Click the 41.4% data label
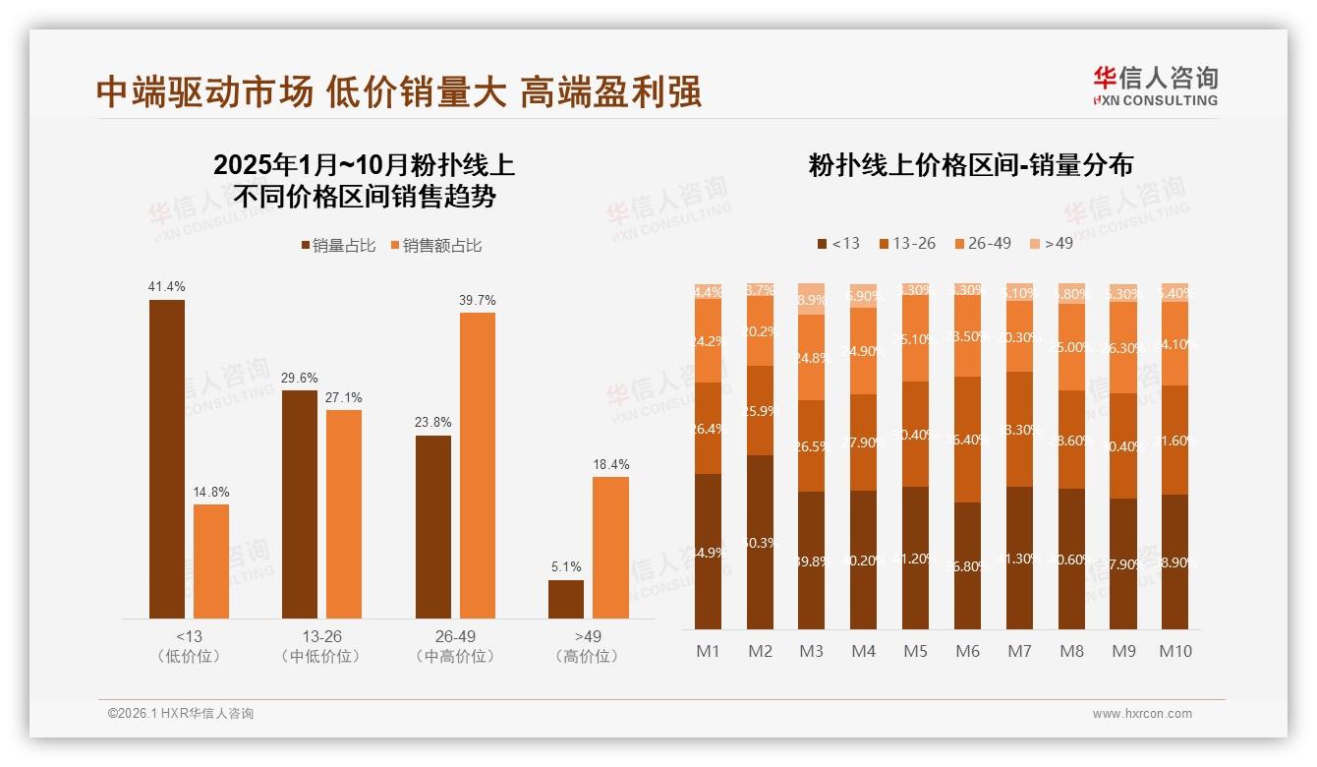[166, 287]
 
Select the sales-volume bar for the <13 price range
[167, 458]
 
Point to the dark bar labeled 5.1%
[566, 599]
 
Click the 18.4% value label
[611, 464]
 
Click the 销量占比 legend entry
[337, 246]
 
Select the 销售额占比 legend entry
[436, 246]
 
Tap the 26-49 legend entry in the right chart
[982, 243]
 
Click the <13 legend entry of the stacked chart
[837, 243]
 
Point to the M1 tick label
[709, 651]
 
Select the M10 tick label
[1174, 651]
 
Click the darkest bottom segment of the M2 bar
[760, 542]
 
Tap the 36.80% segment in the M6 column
[967, 565]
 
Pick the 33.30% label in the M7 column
[1019, 430]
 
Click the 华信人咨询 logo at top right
[1155, 86]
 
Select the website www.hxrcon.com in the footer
[1142, 714]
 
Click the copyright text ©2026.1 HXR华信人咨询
[181, 714]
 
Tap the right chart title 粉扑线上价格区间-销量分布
[970, 165]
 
